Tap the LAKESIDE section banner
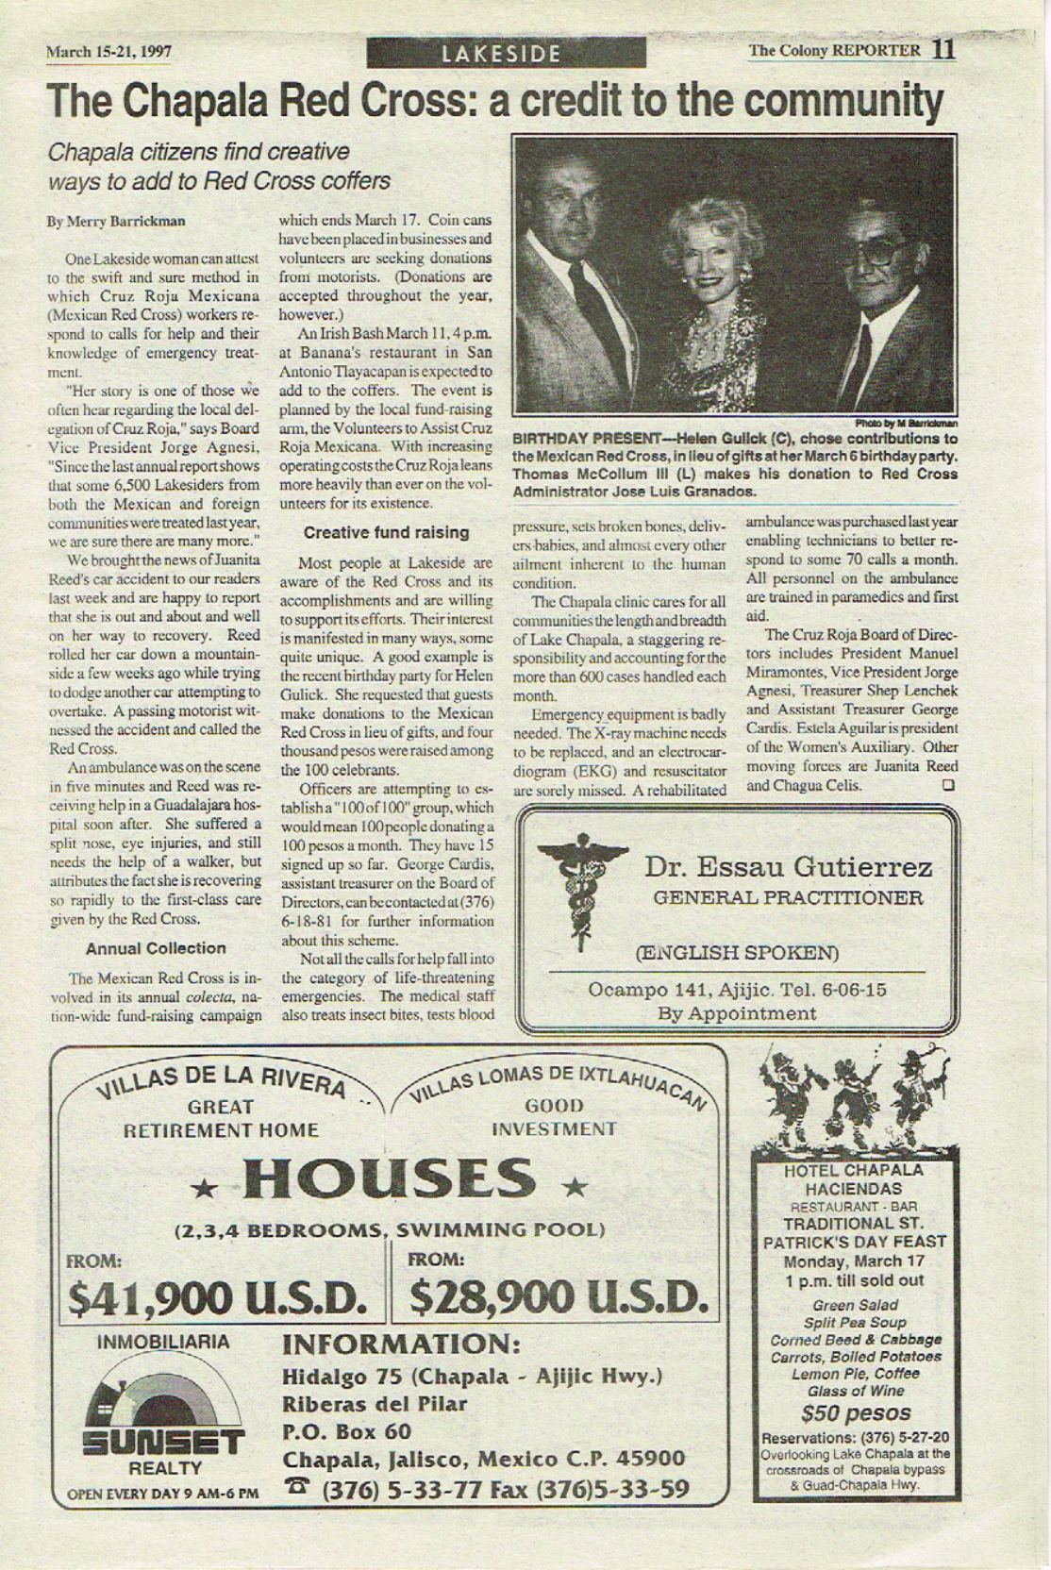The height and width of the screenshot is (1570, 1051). coord(507,54)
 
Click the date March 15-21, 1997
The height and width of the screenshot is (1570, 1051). coord(108,52)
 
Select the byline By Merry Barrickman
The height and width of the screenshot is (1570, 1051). coord(116,222)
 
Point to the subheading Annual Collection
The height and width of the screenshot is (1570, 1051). coord(156,948)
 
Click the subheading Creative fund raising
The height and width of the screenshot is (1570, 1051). coord(386,532)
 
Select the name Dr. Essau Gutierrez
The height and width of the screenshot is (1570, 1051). coord(789,866)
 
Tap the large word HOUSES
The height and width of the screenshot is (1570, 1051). coord(389,1179)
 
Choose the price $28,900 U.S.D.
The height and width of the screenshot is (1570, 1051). coord(559,1299)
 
